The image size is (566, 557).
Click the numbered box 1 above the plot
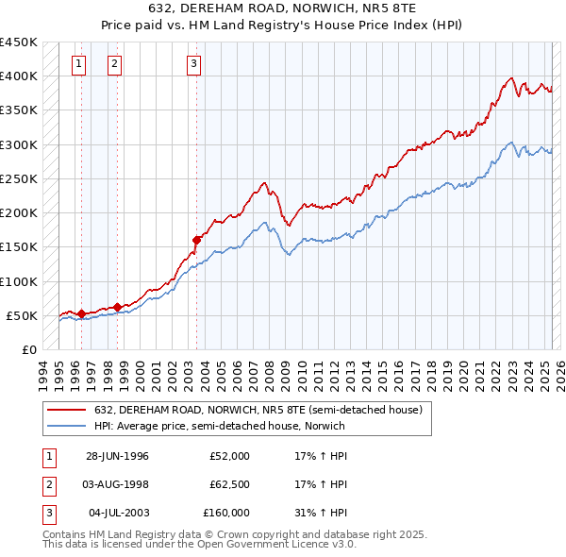77,64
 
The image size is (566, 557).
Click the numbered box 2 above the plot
114,64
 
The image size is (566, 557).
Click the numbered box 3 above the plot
192,64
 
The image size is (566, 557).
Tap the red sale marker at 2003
197,240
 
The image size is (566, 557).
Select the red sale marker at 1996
81,313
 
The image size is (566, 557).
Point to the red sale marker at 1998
118,306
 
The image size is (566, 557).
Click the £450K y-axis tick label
19,42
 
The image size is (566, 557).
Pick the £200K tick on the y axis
19,213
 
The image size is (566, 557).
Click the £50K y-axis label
23,315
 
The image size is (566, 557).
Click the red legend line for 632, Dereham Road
67,409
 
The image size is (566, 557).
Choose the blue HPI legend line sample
67,426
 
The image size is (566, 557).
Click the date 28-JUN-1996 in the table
117,456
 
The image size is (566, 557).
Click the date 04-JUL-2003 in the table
118,513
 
